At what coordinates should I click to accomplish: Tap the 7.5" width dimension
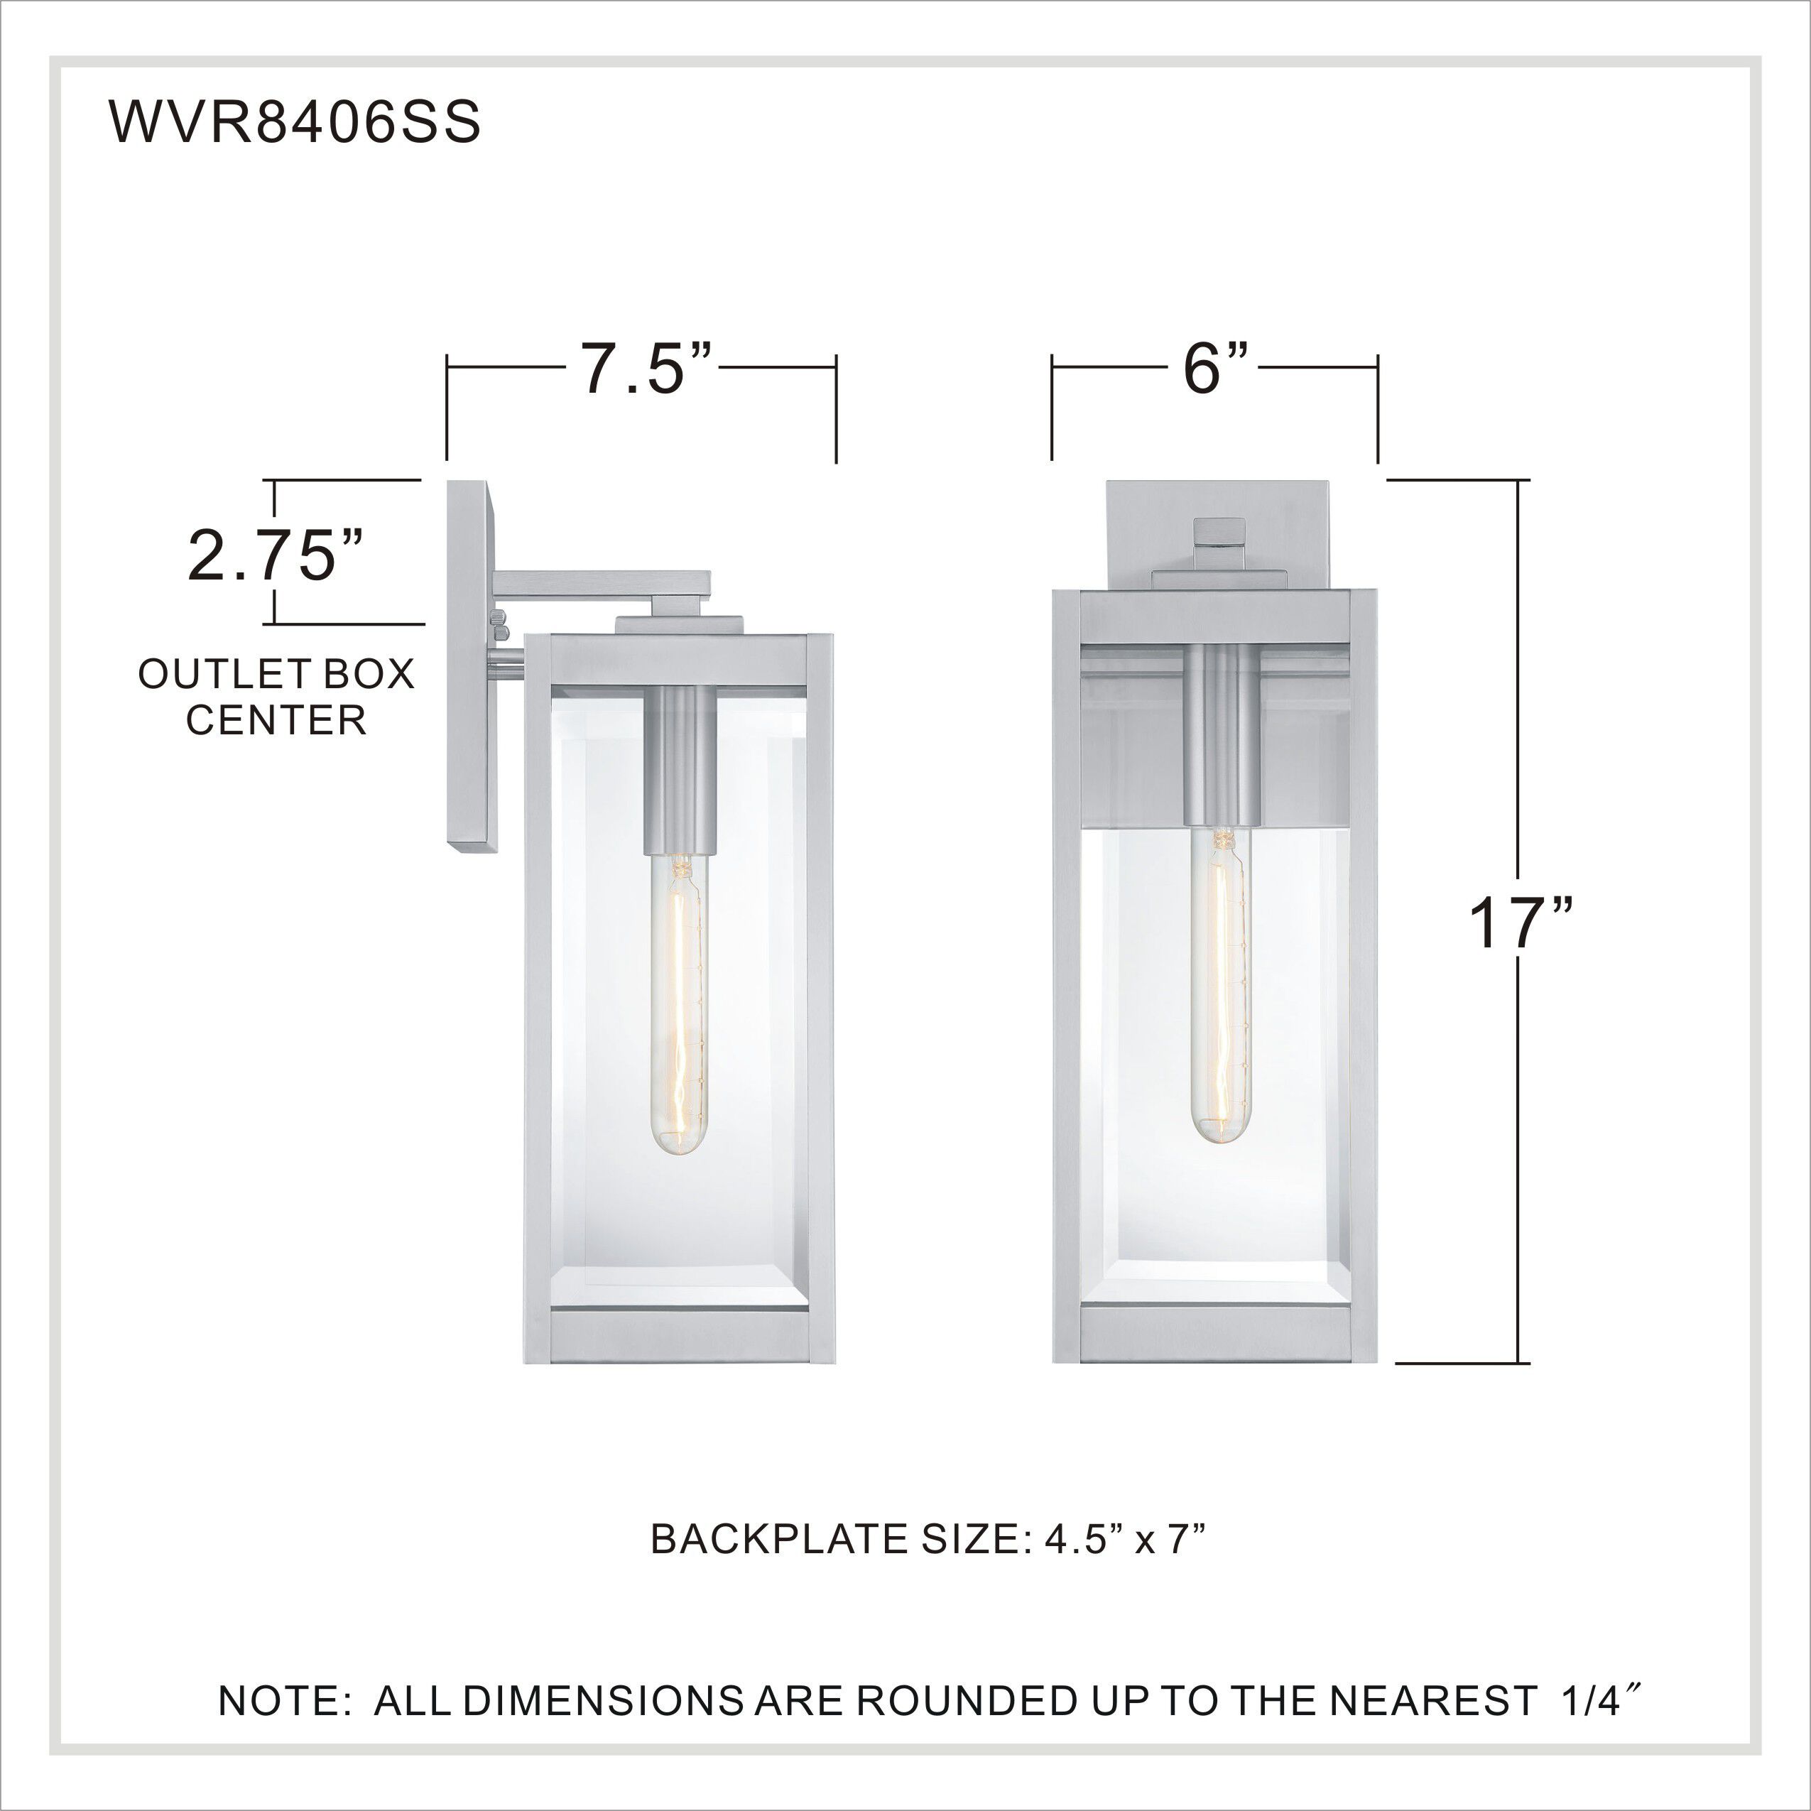point(646,369)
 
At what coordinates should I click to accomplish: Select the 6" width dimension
point(1216,369)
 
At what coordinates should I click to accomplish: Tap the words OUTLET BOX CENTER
point(276,697)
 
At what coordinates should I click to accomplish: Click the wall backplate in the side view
point(472,665)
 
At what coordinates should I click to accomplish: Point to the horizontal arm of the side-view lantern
point(600,583)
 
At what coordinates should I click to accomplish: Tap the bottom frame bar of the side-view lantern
point(679,1337)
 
